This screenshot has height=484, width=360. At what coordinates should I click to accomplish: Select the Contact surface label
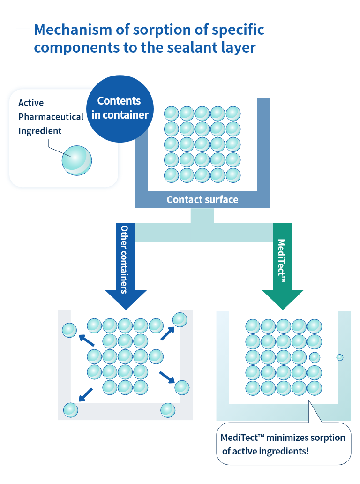[x=202, y=200]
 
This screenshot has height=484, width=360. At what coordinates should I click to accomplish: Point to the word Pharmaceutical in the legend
[x=51, y=117]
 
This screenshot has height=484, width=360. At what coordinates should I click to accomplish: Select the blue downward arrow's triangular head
[x=125, y=300]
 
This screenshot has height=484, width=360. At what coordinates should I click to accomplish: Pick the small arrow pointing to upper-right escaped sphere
[x=167, y=333]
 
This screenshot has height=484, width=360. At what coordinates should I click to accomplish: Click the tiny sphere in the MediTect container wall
[x=340, y=357]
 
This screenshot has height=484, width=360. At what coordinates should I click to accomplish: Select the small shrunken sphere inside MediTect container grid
[x=315, y=357]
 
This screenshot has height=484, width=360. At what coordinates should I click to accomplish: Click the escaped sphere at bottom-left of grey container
[x=71, y=410]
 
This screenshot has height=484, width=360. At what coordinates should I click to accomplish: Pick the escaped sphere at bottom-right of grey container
[x=168, y=410]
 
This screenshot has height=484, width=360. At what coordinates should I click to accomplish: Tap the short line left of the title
[x=23, y=29]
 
